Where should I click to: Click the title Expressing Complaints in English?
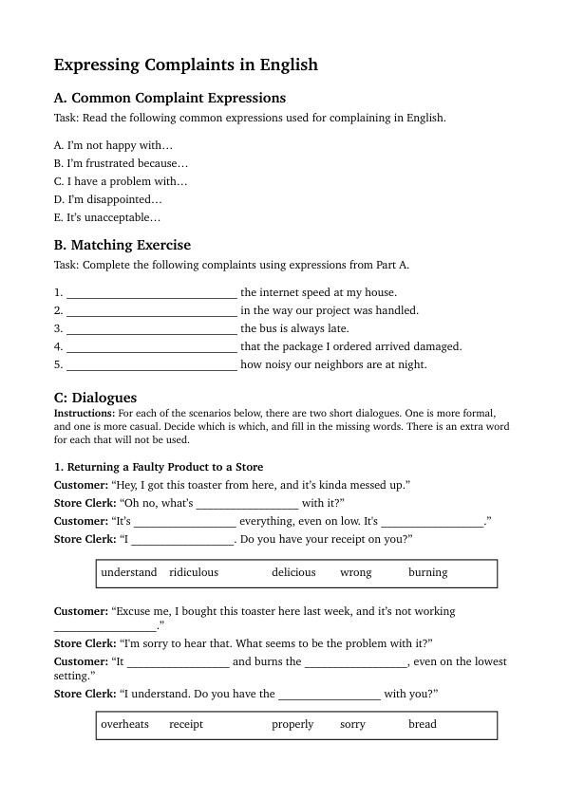[185, 65]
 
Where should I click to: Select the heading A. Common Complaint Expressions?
[169, 98]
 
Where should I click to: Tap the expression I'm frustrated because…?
[121, 163]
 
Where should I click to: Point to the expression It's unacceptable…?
[107, 217]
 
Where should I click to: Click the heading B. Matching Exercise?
[122, 245]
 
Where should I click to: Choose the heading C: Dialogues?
[95, 398]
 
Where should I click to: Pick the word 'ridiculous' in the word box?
[194, 572]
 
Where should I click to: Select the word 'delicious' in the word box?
[293, 572]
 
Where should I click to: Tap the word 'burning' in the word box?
[427, 572]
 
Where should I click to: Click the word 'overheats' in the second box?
[124, 724]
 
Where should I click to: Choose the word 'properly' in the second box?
[292, 724]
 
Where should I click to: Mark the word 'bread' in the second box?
[423, 724]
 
